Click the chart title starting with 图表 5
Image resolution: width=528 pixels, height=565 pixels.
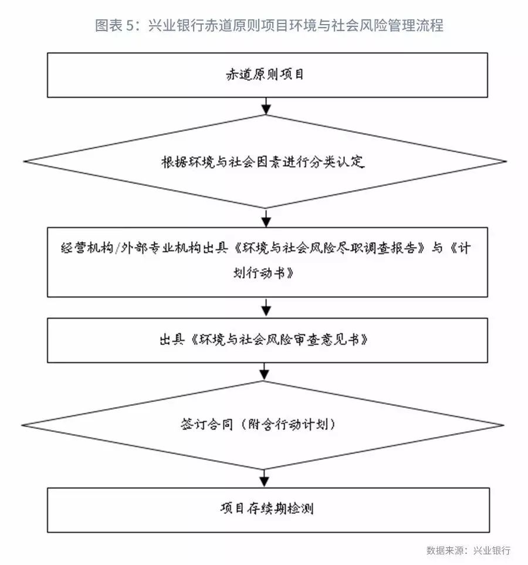269,25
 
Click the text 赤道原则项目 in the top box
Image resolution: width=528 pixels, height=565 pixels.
265,75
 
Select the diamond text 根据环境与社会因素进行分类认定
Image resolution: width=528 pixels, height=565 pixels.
263,162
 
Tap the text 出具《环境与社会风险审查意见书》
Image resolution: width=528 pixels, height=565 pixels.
263,340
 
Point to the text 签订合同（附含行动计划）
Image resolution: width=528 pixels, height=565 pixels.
258,424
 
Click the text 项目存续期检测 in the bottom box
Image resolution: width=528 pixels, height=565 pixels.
267,509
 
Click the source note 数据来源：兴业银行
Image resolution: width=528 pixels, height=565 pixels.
468,550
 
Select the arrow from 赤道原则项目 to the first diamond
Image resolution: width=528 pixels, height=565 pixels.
266,106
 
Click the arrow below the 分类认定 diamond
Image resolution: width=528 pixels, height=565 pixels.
266,218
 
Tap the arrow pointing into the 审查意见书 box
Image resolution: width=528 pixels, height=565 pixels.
266,307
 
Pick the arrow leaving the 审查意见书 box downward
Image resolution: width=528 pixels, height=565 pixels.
264,371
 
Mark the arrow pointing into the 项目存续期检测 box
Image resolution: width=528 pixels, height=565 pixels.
264,479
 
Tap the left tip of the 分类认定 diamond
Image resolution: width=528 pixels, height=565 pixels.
24,161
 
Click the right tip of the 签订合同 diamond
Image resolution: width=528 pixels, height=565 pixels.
503,425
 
